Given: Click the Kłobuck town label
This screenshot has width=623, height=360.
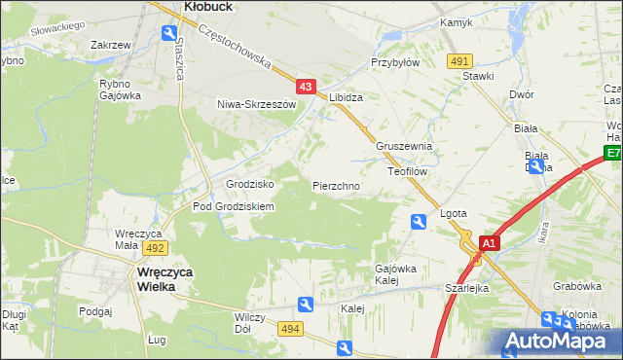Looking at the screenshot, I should point(206,6).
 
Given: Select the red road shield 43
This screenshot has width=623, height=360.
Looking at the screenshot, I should point(307,87).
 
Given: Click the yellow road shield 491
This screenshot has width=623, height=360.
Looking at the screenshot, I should point(461,61).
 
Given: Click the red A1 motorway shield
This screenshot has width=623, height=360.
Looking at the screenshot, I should point(490,243).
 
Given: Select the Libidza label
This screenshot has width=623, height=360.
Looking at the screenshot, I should point(346,98).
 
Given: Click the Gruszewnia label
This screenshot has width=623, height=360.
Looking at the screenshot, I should point(403,147).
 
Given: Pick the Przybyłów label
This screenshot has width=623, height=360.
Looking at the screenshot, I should point(394,61).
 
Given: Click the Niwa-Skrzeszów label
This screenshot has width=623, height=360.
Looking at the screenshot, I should point(256,103).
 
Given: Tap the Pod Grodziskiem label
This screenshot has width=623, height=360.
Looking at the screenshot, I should point(234,206).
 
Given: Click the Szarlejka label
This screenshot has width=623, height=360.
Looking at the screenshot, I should point(467,288).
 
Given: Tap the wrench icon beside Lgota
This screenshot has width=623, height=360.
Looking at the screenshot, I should point(419,223).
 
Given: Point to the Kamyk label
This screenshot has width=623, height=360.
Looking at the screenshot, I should point(456,21).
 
